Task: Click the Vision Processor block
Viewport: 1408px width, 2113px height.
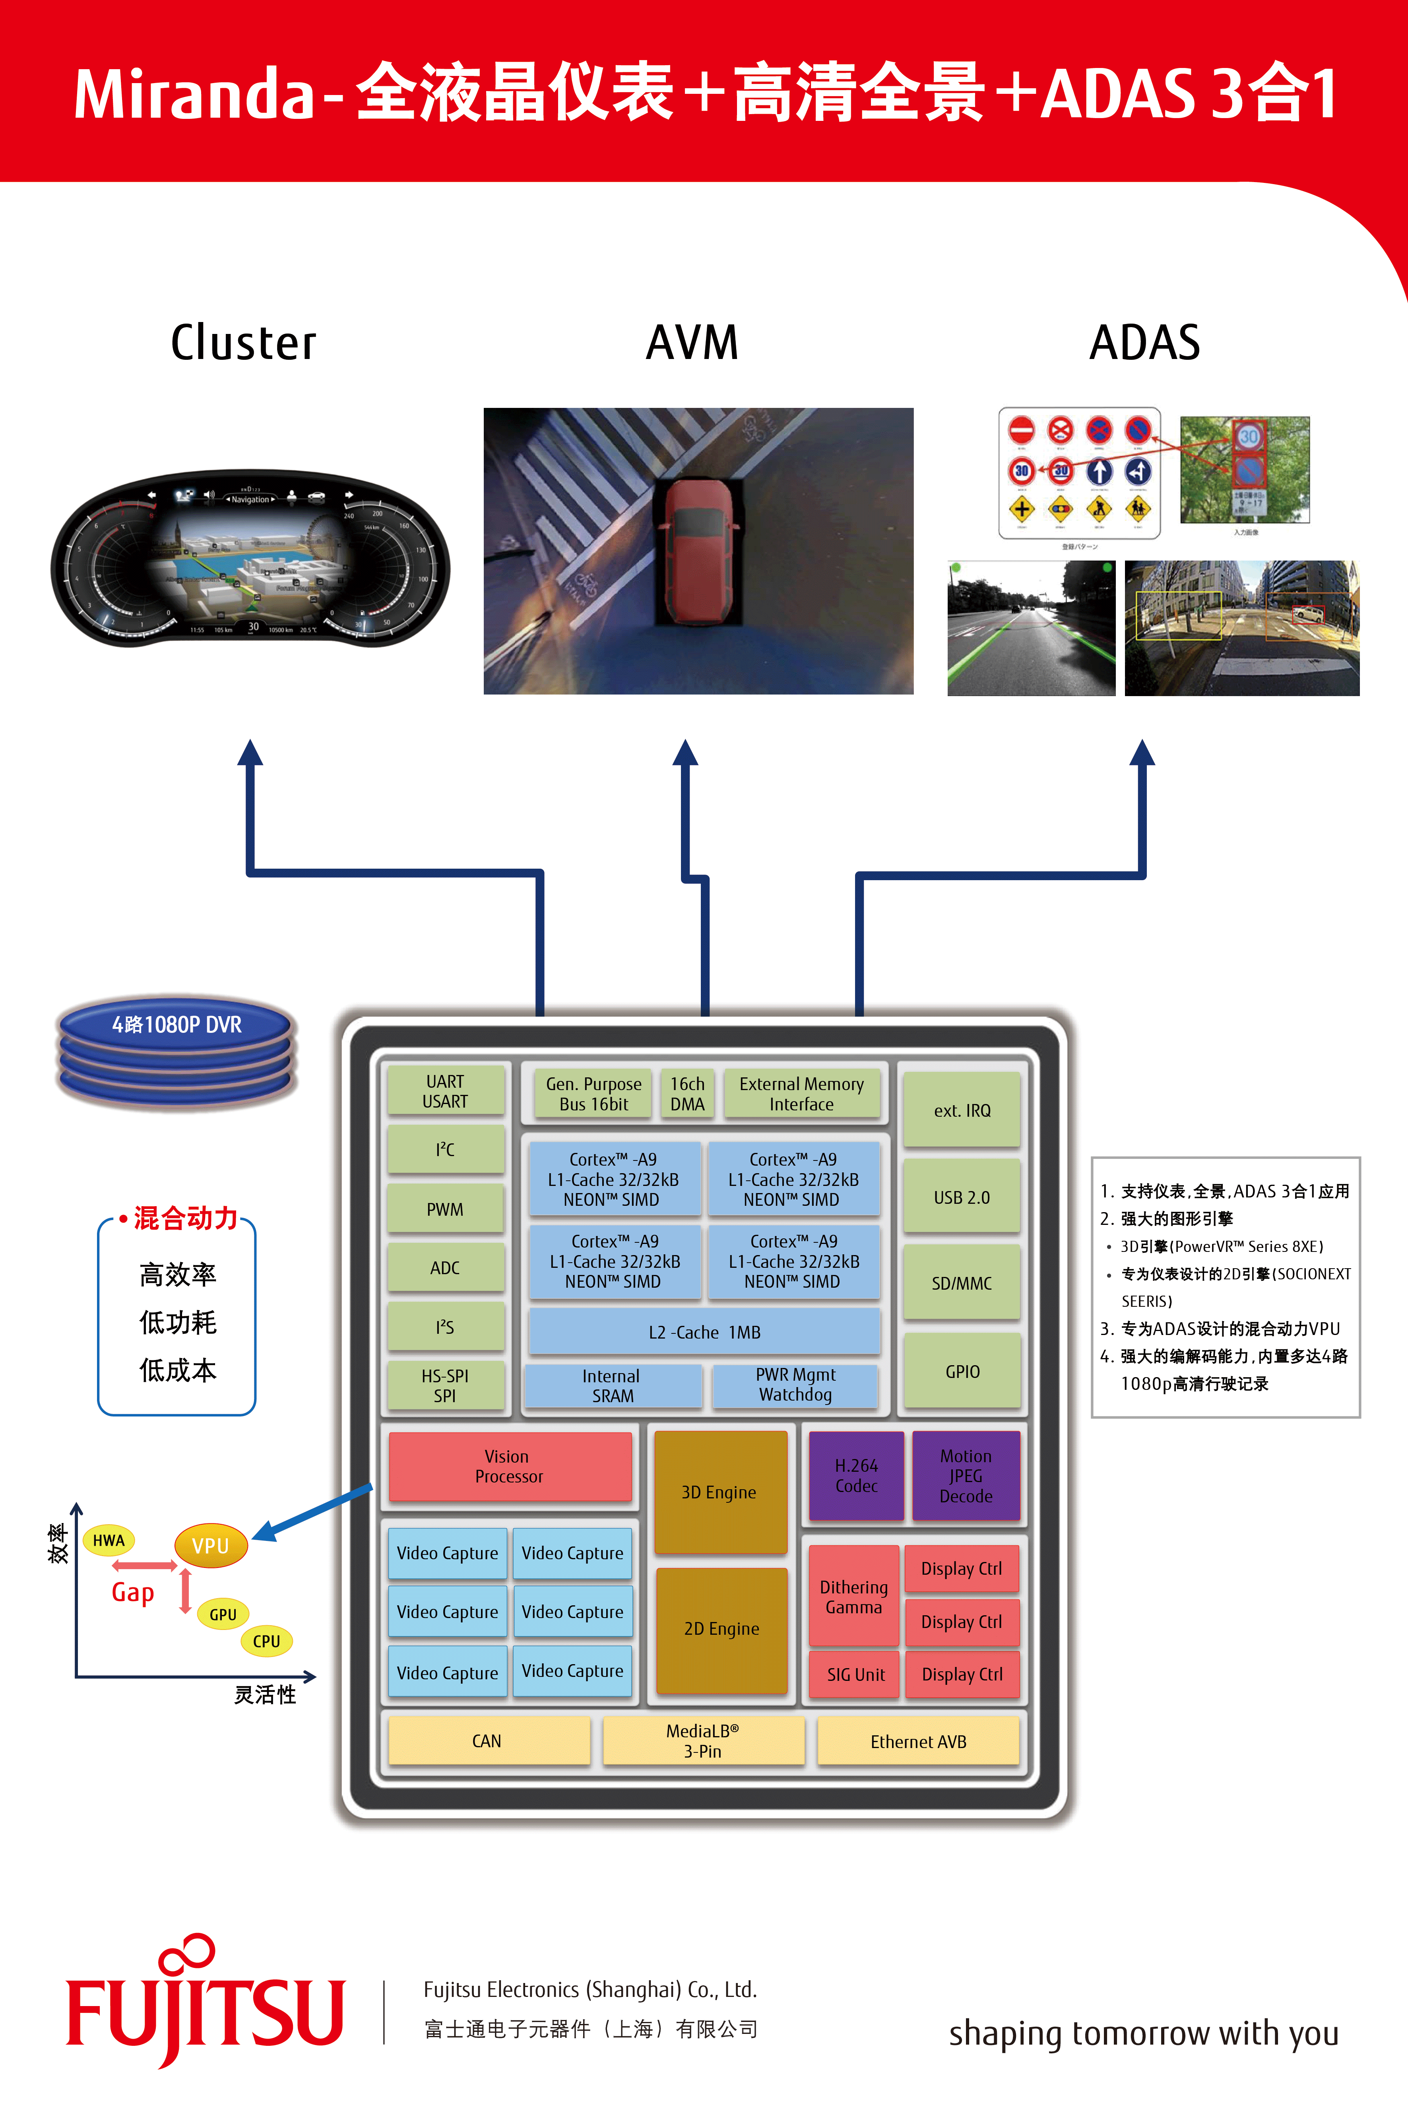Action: pyautogui.click(x=509, y=1465)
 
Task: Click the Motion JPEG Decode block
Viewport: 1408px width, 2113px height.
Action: pyautogui.click(x=965, y=1475)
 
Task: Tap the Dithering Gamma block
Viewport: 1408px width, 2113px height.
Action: pyautogui.click(x=853, y=1597)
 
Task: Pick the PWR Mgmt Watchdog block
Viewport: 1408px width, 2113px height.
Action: pyautogui.click(x=795, y=1385)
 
